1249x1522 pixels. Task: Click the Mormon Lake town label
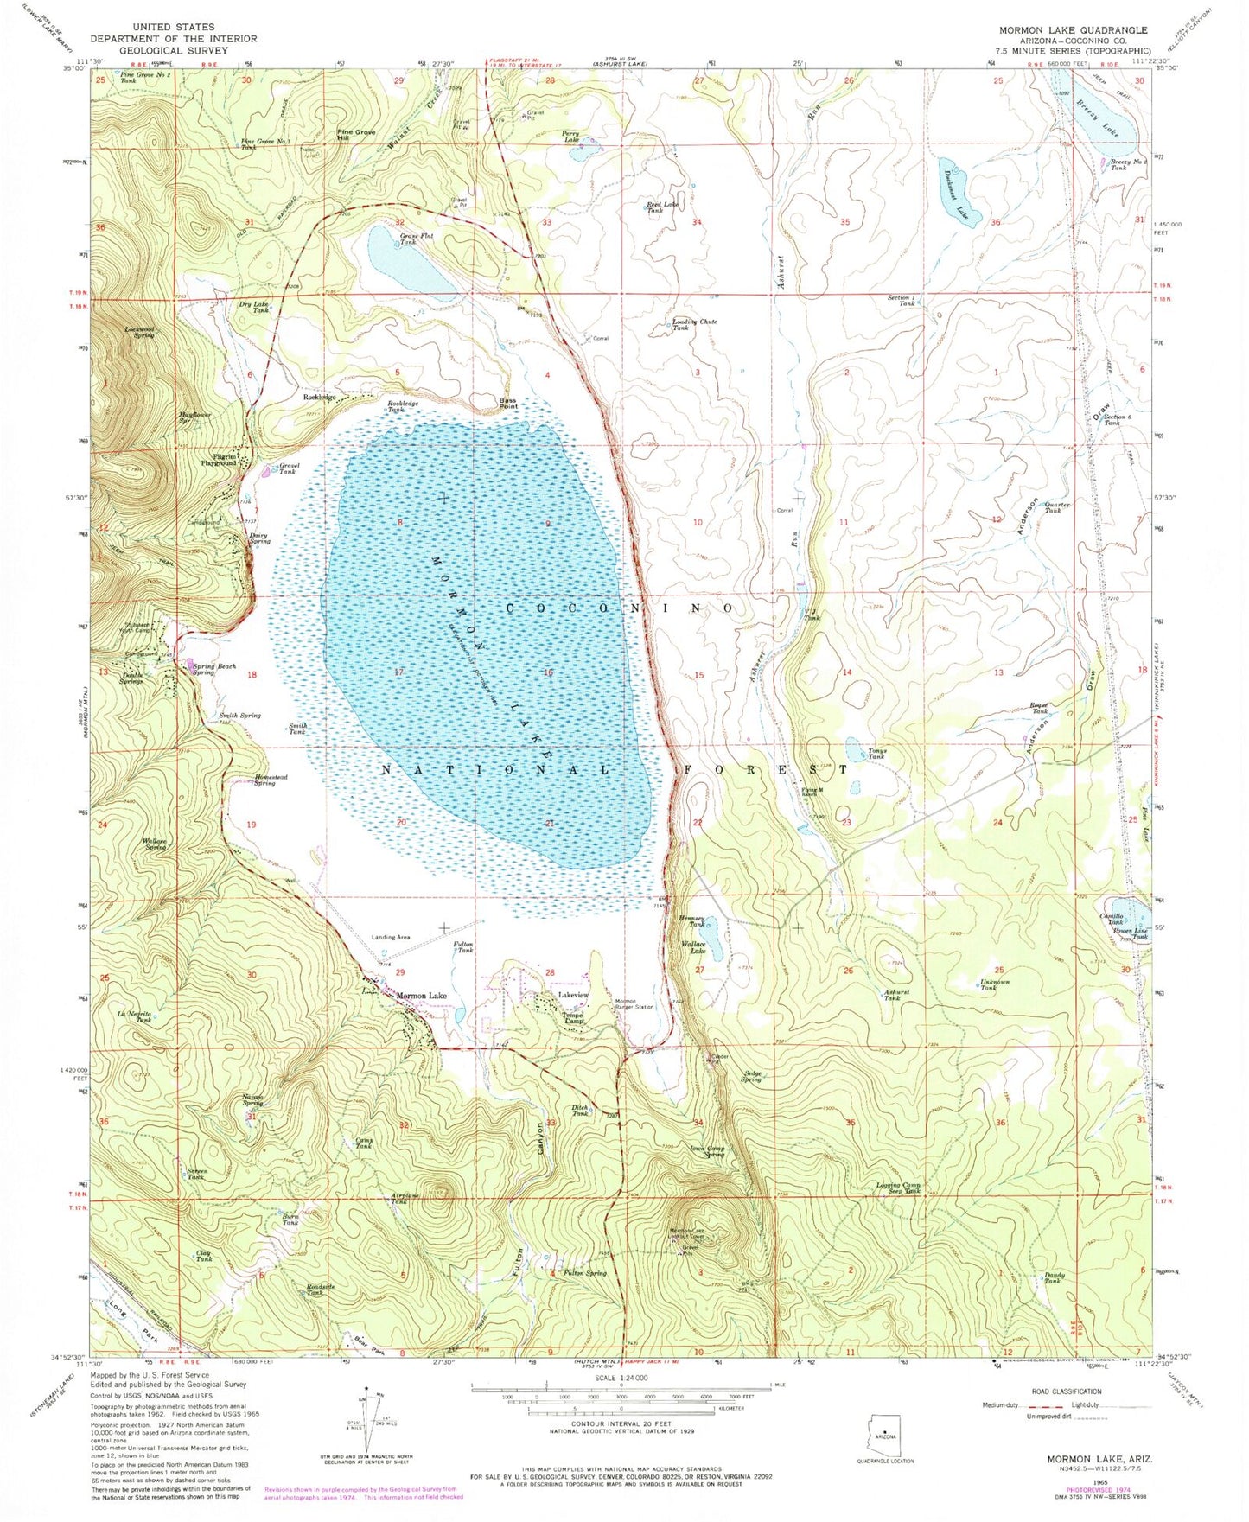click(x=422, y=997)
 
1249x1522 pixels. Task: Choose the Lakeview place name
click(x=574, y=997)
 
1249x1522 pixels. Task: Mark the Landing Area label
click(x=390, y=937)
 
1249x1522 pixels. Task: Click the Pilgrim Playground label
click(x=220, y=460)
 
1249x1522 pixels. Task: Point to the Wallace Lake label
click(x=694, y=946)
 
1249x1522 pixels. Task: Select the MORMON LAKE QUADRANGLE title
click(x=1073, y=30)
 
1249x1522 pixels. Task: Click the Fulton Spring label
click(x=585, y=1273)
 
